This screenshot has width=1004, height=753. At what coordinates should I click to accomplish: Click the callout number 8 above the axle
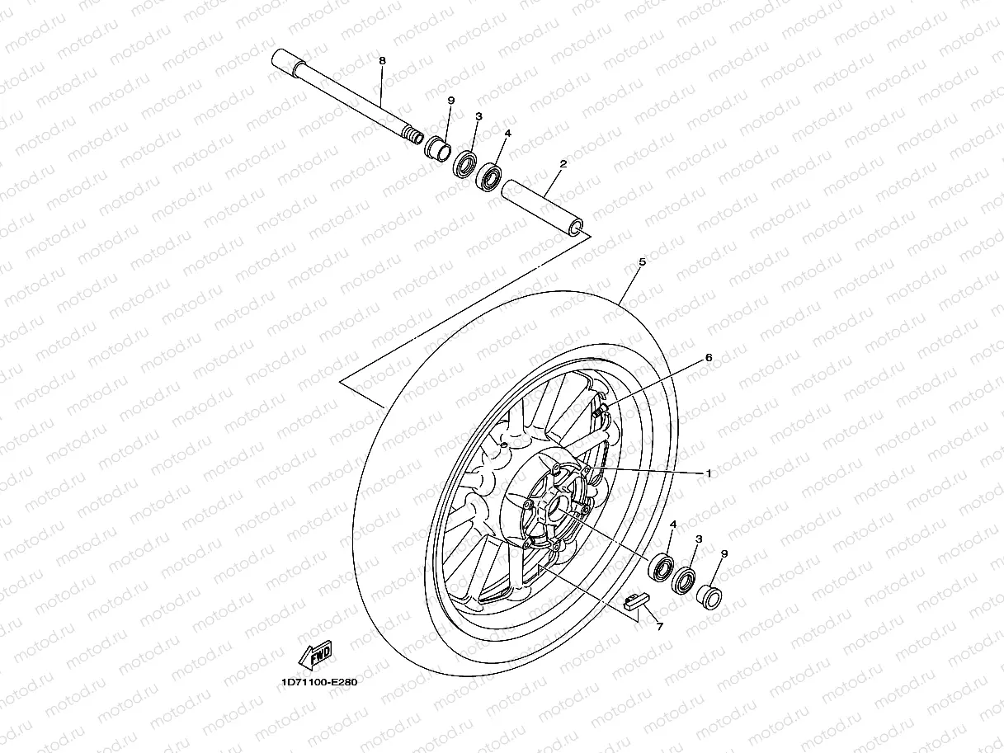tap(382, 61)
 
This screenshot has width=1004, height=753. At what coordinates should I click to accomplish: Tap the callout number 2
tap(563, 164)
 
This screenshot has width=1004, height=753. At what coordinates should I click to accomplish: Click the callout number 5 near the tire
tap(642, 261)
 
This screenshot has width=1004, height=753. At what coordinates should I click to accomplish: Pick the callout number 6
tap(708, 358)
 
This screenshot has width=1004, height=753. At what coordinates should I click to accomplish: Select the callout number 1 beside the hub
tap(708, 473)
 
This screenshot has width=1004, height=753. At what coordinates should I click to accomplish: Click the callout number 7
tap(659, 627)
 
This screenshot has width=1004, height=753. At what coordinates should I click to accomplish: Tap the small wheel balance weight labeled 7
tap(634, 600)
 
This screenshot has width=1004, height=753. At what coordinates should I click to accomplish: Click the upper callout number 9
tap(451, 100)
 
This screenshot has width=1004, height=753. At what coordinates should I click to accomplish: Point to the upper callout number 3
tap(478, 117)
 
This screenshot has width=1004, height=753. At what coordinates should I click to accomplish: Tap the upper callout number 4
tap(508, 133)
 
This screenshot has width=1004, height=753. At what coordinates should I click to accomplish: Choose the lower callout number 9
tap(724, 553)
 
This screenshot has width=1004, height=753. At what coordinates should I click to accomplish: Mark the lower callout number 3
tap(698, 539)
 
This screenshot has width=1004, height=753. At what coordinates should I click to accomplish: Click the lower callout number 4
tap(673, 524)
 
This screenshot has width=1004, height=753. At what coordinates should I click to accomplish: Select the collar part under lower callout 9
tap(709, 594)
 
